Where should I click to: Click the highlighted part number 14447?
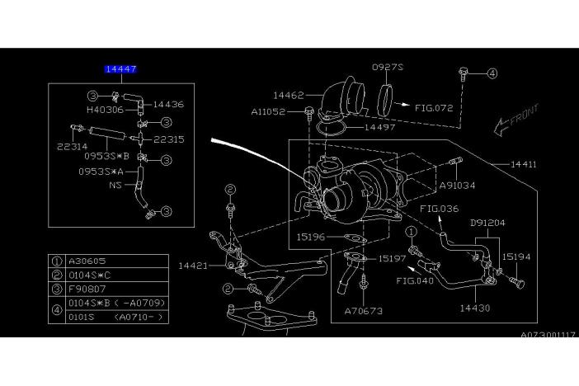pyautogui.click(x=120, y=71)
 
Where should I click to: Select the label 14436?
pyautogui.click(x=168, y=105)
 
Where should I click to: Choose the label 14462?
pyautogui.click(x=289, y=96)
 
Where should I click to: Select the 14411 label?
pyautogui.click(x=523, y=165)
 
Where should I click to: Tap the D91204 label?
pyautogui.click(x=488, y=223)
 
